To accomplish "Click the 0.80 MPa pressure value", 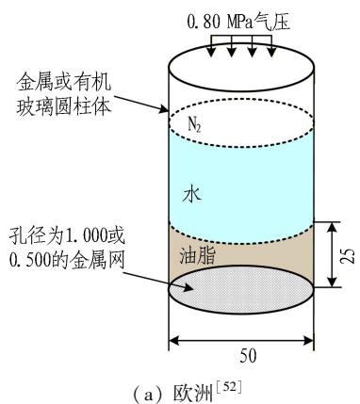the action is click(220, 22).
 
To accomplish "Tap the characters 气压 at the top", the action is click(271, 22).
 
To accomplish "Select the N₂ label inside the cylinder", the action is click(194, 124).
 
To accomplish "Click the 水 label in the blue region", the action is click(191, 195).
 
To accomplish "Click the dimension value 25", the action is click(348, 255).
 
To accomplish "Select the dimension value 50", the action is click(248, 356).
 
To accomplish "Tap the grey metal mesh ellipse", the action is click(241, 289).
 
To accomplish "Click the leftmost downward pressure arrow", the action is click(211, 46).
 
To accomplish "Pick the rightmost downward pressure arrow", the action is click(272, 46).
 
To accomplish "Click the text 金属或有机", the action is click(64, 83).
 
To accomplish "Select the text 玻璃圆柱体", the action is click(64, 106).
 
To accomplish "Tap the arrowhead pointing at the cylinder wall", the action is click(164, 109).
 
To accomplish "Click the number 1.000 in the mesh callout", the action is click(80, 235).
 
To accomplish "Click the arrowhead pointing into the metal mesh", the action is click(188, 287).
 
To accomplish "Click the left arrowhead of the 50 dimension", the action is click(173, 340).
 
